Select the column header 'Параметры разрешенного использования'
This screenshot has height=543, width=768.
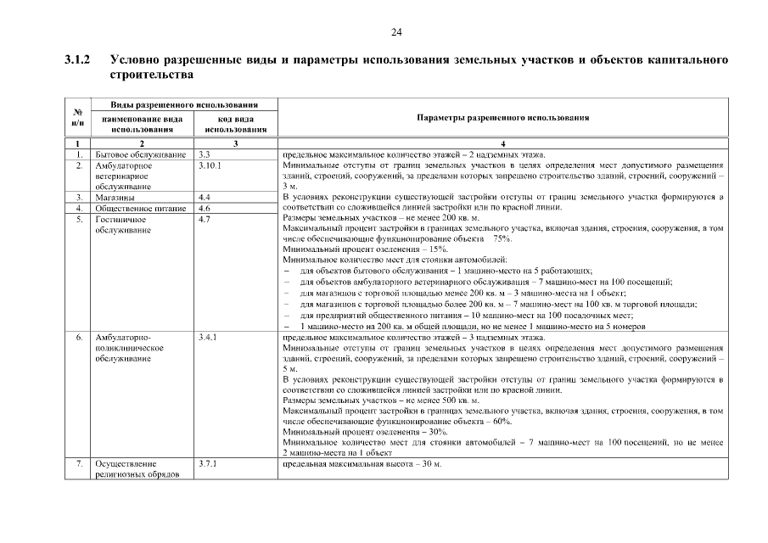(503, 119)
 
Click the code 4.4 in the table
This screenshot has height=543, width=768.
(204, 197)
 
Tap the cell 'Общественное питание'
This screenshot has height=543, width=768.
(141, 208)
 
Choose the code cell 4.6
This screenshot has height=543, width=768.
(204, 208)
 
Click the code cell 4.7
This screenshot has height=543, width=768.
(204, 219)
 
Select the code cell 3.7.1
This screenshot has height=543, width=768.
(208, 464)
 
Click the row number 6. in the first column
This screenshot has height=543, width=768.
(78, 338)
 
